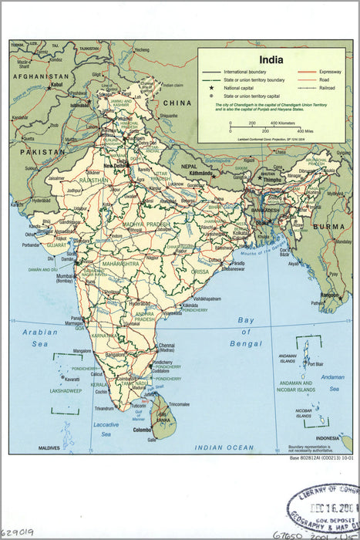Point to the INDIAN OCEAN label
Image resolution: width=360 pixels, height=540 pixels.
pos(224,447)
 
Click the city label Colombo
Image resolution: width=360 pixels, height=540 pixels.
pos(143,430)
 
